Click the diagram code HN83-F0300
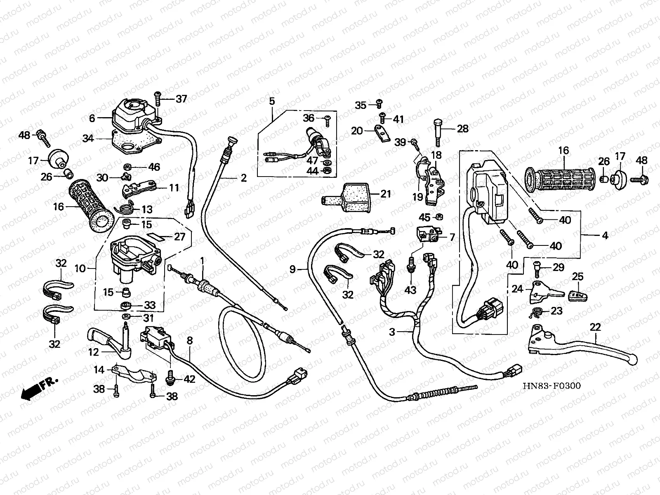(552, 386)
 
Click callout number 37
(181, 99)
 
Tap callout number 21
(385, 193)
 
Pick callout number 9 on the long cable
(292, 270)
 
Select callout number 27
(180, 237)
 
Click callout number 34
(87, 139)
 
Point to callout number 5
(272, 100)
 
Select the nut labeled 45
(440, 216)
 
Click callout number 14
(99, 370)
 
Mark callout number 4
(605, 236)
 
